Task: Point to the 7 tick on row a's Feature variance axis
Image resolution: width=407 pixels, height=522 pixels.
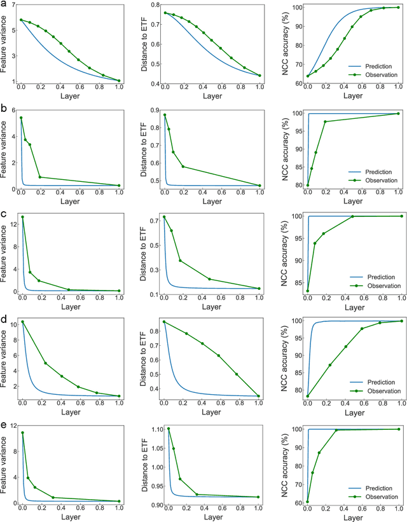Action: pos(13,6)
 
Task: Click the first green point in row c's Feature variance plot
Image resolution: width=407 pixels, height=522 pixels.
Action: pos(22,217)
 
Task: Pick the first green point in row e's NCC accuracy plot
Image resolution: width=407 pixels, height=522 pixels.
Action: pos(307,502)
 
